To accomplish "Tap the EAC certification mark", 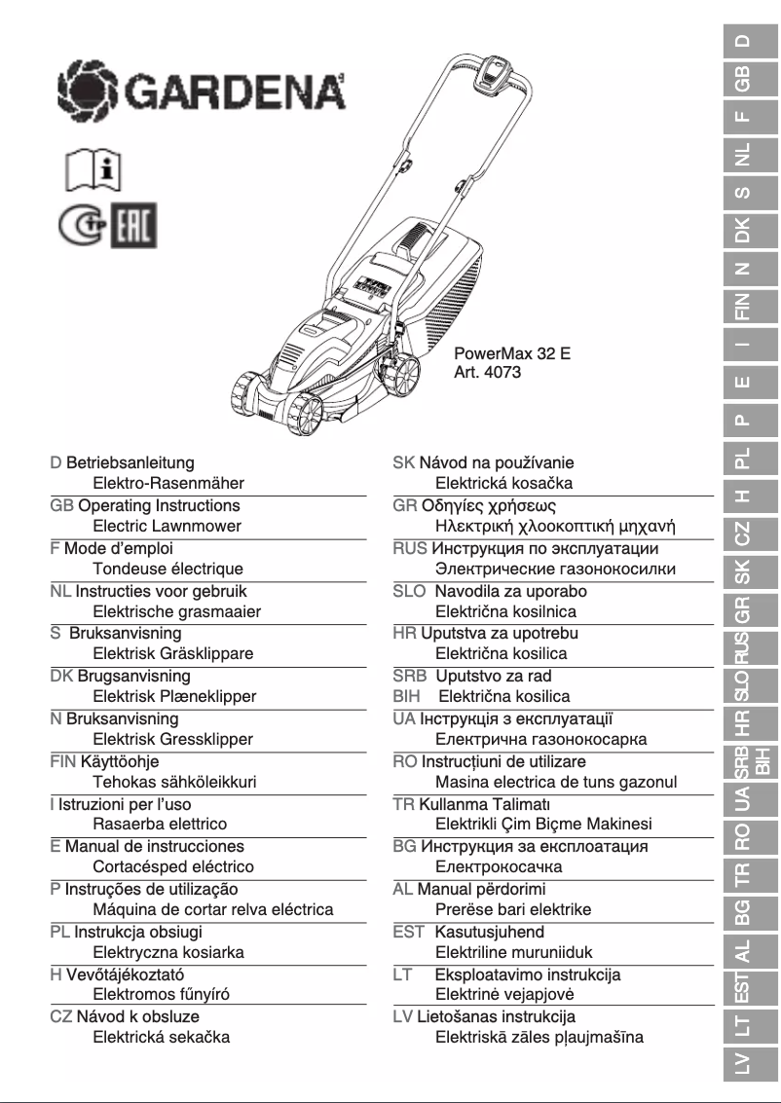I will (x=135, y=226).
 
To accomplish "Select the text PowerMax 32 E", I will (x=511, y=353).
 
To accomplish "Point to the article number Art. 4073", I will (x=489, y=372).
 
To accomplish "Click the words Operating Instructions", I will (x=158, y=505).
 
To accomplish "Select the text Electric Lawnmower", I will (x=167, y=526).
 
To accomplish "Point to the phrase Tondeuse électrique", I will (x=167, y=569).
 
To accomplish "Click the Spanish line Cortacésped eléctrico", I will (x=173, y=866).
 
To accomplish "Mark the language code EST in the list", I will (x=408, y=932).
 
